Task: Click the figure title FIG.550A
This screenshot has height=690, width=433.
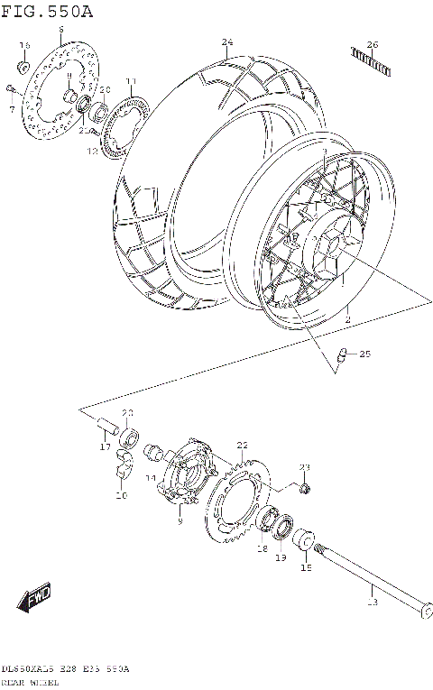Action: click(47, 10)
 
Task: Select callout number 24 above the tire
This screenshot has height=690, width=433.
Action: click(227, 42)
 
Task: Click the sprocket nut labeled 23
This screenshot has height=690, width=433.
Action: click(306, 489)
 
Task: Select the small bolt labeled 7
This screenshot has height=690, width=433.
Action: click(8, 87)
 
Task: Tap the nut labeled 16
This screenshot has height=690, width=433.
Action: click(23, 67)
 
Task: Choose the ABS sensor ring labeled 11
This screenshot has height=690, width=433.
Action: click(122, 120)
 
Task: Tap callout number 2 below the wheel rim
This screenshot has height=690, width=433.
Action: click(345, 318)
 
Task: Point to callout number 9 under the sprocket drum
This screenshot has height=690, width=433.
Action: click(180, 521)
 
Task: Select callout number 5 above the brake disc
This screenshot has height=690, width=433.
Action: click(60, 30)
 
